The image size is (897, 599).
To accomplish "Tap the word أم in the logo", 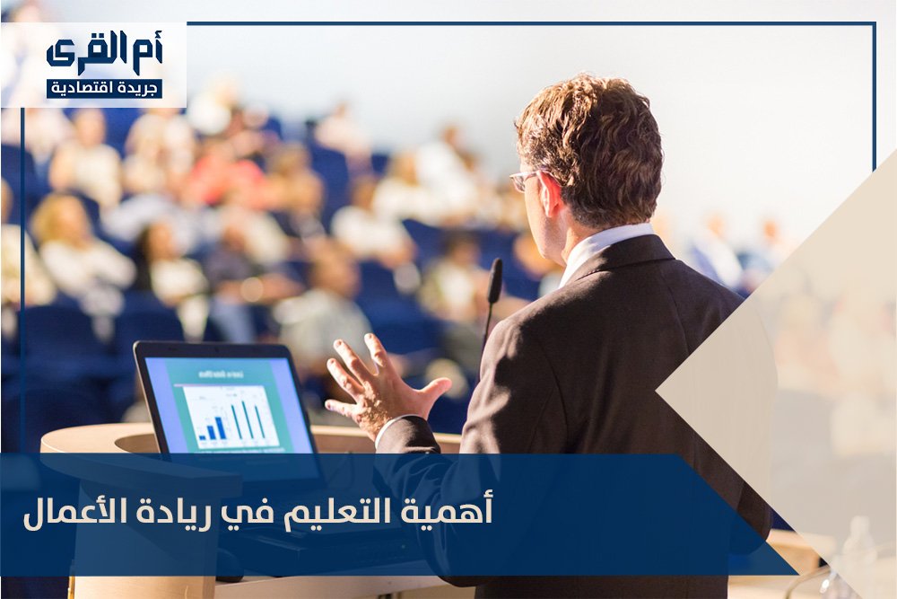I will pos(147,52).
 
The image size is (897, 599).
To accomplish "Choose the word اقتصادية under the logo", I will pos(85,89).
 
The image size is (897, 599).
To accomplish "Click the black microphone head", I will pos(495,281).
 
